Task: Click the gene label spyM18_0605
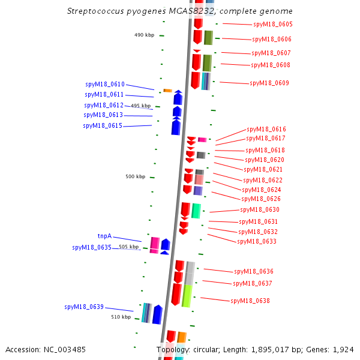click(x=273, y=25)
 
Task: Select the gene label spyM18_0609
click(x=269, y=83)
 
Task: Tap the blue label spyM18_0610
click(x=104, y=85)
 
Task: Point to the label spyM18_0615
click(x=103, y=126)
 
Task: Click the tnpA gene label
click(x=104, y=236)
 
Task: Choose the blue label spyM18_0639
click(x=84, y=307)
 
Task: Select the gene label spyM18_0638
click(x=250, y=301)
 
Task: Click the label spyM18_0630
click(x=260, y=210)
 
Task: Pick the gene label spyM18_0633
click(x=257, y=242)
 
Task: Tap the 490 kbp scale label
click(x=144, y=35)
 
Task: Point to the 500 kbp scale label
click(x=135, y=177)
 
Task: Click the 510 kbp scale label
click(x=121, y=317)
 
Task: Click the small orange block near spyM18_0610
click(x=168, y=91)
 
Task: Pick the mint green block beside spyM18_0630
click(x=196, y=211)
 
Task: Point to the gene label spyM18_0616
click(x=266, y=130)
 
